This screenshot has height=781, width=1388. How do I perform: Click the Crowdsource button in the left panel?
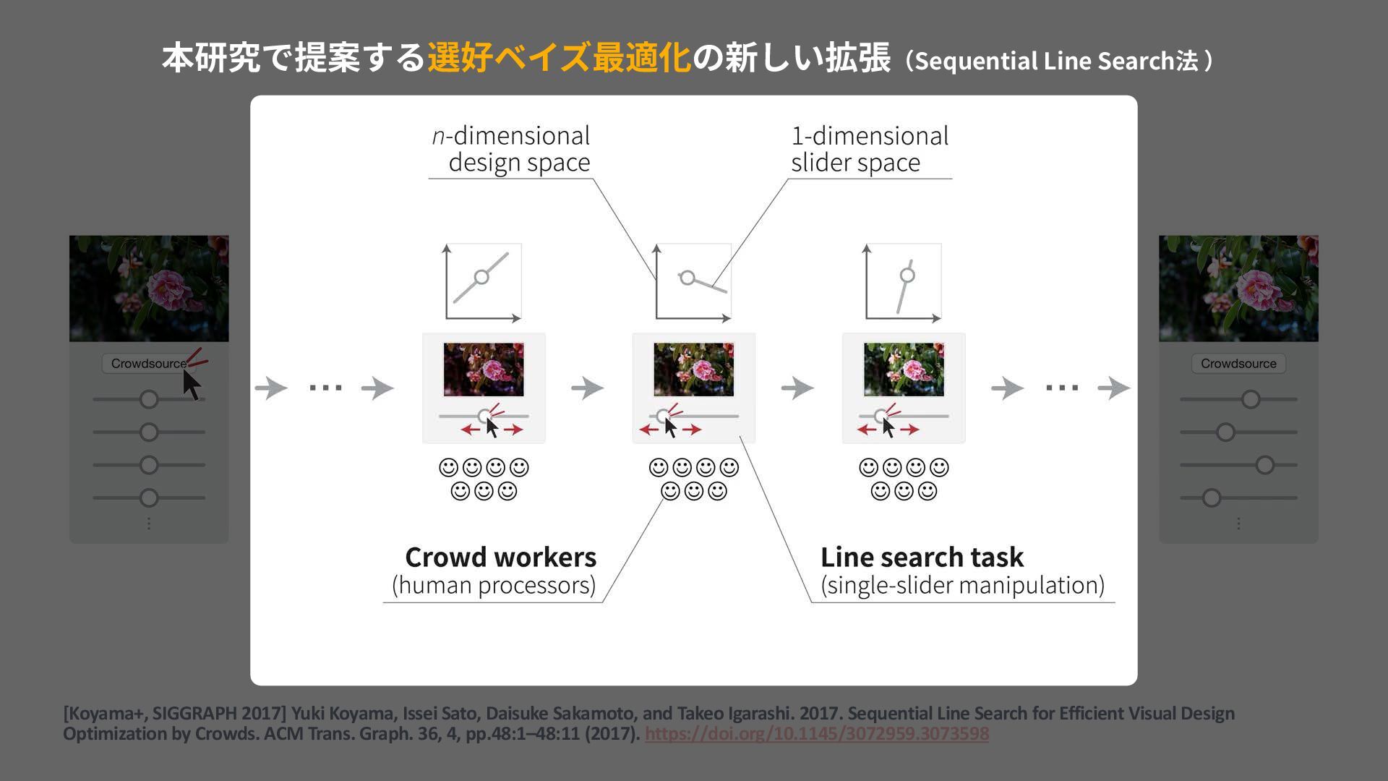pos(147,363)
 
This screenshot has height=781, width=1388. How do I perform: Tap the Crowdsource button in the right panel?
pos(1238,363)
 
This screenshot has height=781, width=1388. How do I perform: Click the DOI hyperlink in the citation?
pos(816,733)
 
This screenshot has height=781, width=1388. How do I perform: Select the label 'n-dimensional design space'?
pos(511,149)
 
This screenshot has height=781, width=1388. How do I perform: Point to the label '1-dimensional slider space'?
pos(869,149)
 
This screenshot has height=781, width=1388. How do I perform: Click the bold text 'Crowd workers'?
pos(500,558)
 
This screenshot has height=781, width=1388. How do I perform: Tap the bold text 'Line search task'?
pos(922,558)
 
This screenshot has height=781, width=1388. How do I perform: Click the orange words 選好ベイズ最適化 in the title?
pos(559,58)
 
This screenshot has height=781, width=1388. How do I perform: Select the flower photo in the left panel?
pos(149,288)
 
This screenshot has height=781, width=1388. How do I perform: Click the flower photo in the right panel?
pos(1238,288)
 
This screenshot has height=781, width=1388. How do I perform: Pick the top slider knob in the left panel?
pos(149,399)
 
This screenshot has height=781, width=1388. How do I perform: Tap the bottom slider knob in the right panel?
pos(1212,498)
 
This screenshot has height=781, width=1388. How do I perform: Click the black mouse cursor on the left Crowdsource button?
pos(191,383)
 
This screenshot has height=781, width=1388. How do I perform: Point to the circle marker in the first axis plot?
pos(481,277)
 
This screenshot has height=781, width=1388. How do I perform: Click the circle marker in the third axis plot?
pos(907,275)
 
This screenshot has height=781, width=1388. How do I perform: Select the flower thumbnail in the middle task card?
pos(693,370)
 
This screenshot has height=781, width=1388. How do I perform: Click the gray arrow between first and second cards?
pos(587,388)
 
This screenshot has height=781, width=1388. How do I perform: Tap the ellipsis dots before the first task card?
pos(325,388)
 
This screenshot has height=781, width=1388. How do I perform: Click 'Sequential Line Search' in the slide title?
pos(1041,61)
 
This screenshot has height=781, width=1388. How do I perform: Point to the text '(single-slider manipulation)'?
pos(962,585)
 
